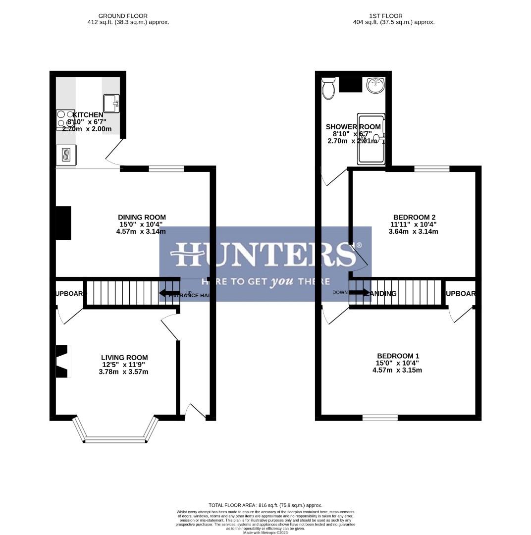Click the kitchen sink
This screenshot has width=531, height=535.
click(x=111, y=103)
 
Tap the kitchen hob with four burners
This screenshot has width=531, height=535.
click(x=65, y=119)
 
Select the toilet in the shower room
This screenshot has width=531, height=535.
click(x=328, y=89)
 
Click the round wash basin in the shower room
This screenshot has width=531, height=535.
click(x=375, y=85)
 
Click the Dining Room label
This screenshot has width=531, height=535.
click(x=142, y=217)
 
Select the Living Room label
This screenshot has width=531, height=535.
click(x=124, y=357)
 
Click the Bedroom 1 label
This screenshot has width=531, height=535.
click(x=398, y=356)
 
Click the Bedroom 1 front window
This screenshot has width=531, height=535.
click(x=380, y=418)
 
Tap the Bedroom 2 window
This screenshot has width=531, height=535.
click(x=432, y=169)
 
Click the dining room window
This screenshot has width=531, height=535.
click(x=166, y=169)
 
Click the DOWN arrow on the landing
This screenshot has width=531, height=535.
click(x=359, y=292)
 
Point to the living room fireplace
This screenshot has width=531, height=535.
click(x=62, y=362)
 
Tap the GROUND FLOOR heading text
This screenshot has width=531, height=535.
click(x=123, y=16)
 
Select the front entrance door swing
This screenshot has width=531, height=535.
click(x=195, y=411)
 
